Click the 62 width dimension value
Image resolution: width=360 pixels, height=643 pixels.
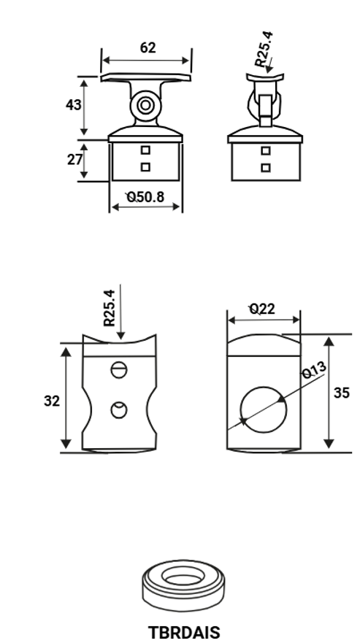click(148, 48)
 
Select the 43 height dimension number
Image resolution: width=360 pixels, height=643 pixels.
click(73, 104)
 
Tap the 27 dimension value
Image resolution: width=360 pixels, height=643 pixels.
click(74, 159)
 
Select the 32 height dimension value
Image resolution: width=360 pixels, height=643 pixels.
click(51, 401)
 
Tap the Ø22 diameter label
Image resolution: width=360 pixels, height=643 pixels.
click(262, 309)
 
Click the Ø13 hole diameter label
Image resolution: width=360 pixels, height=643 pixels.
click(313, 371)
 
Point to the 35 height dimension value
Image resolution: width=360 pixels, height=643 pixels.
click(341, 393)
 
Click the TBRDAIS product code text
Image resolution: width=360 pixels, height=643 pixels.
click(183, 632)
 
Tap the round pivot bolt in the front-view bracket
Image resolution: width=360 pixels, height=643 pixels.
click(145, 107)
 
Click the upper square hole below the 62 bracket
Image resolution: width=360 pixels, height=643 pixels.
click(145, 150)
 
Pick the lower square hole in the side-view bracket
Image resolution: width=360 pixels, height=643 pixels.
click(266, 167)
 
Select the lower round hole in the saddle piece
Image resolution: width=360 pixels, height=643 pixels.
click(119, 410)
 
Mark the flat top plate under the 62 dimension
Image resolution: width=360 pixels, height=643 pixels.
click(146, 77)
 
